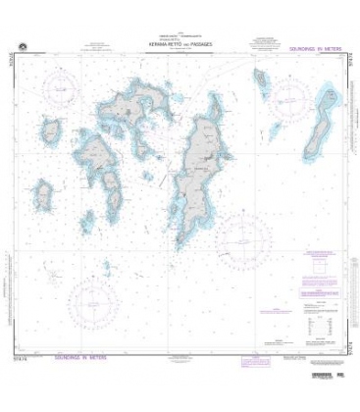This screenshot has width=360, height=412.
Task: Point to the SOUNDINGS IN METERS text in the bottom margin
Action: (89, 358)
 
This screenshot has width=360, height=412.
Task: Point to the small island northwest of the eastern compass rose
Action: (261, 79)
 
